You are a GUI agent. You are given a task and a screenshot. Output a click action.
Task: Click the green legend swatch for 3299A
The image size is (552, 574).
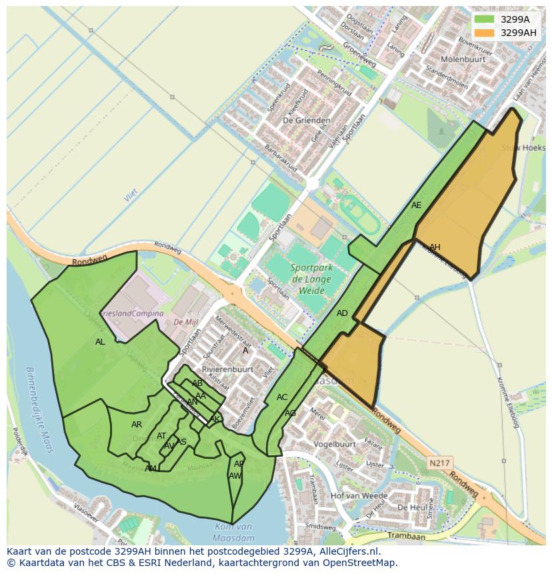(485, 19)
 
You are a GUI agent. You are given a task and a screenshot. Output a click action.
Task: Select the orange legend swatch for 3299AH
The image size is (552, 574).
(485, 32)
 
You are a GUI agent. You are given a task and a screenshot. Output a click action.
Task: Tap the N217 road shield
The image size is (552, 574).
(439, 463)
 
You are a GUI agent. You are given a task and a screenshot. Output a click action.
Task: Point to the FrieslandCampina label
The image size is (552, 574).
(131, 313)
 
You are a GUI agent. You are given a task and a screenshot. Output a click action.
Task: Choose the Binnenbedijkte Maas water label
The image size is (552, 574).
(38, 409)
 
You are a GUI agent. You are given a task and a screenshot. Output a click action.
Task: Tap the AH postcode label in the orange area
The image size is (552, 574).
(435, 247)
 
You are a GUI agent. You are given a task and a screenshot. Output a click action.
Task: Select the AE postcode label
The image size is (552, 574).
(417, 205)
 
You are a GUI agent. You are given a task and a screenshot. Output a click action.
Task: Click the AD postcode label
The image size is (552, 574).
(342, 313)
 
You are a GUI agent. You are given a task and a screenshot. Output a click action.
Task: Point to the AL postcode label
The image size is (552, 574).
(100, 342)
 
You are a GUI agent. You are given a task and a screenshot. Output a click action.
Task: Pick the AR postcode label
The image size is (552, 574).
(137, 425)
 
